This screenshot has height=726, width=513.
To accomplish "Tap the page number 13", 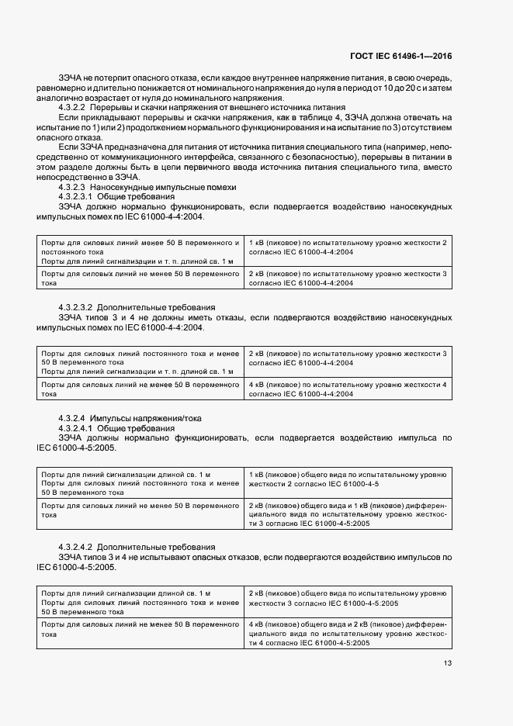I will (448, 662).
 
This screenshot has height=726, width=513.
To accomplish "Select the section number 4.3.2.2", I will (74, 108).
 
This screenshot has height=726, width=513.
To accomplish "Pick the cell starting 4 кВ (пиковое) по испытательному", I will (347, 389).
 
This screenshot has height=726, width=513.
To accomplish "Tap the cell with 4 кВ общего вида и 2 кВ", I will (347, 633).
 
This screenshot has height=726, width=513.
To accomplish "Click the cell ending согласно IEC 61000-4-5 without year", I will (347, 479).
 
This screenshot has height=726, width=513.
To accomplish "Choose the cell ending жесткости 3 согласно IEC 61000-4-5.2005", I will (347, 598).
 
